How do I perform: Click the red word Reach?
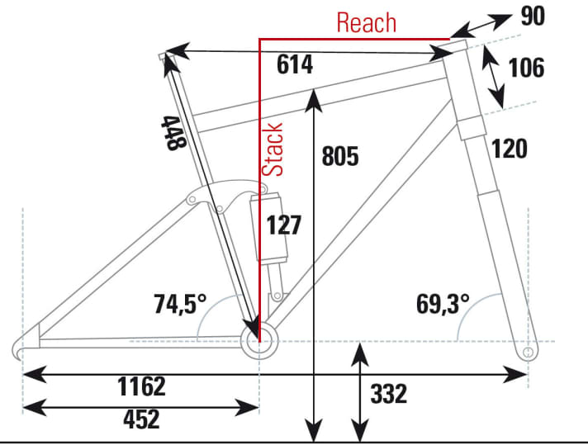366,22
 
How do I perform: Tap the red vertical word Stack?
274,149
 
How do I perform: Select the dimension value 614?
294,65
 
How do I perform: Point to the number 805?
340,155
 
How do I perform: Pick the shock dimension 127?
283,225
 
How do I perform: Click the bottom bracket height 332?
389,394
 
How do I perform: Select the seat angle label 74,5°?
179,304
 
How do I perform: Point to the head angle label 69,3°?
443,304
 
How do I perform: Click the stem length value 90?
533,17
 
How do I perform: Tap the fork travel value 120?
510,149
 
